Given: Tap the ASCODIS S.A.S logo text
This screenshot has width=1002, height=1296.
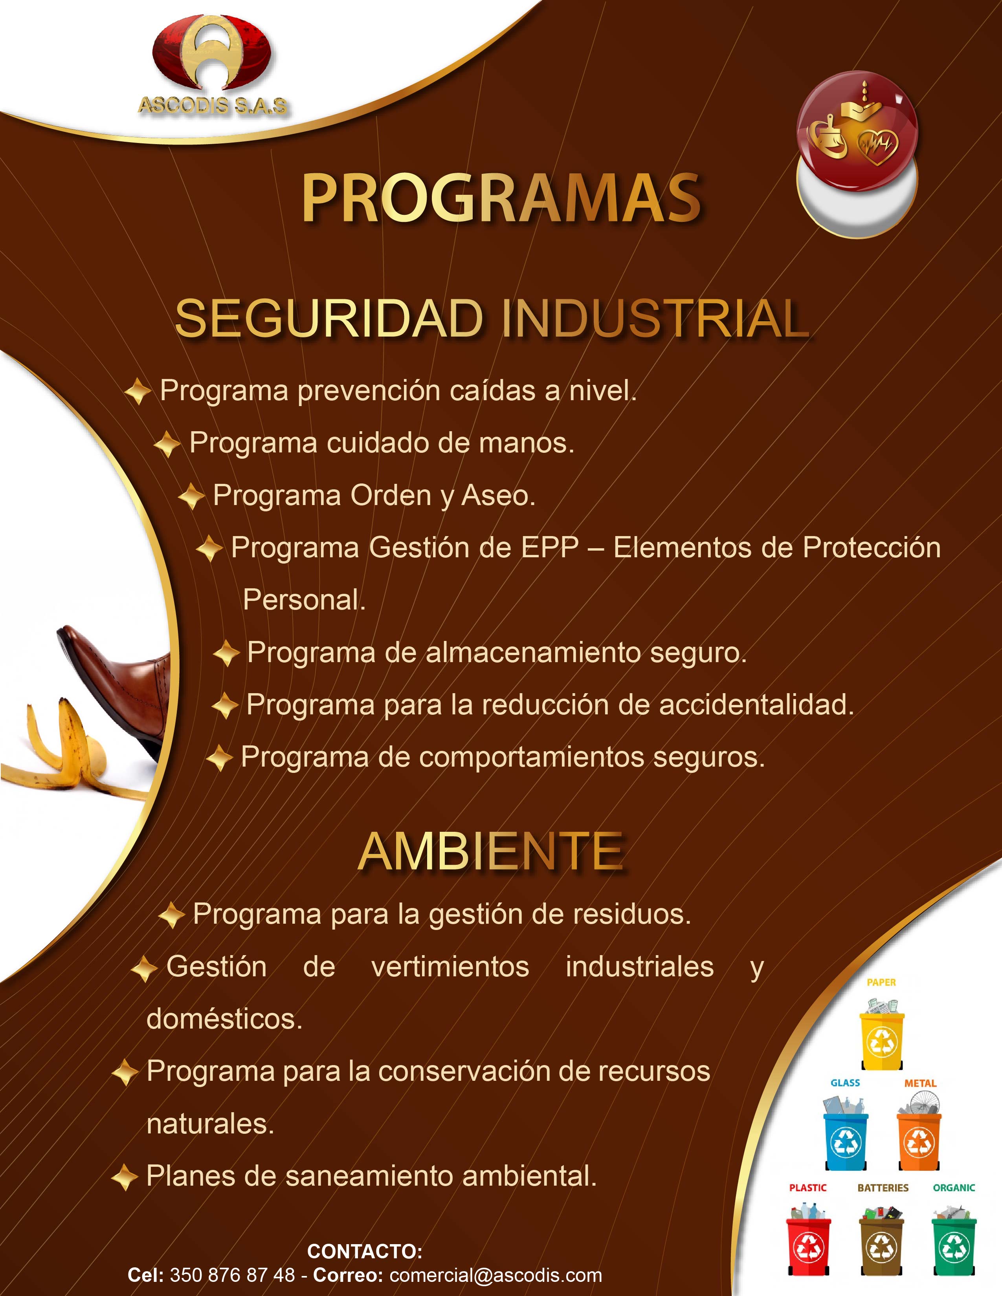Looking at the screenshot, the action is point(213,106).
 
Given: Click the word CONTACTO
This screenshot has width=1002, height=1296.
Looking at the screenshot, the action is point(365,1252).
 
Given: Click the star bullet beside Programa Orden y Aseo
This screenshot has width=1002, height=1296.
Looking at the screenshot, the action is point(191,496).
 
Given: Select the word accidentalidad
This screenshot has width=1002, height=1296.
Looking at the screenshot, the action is point(756,705).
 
